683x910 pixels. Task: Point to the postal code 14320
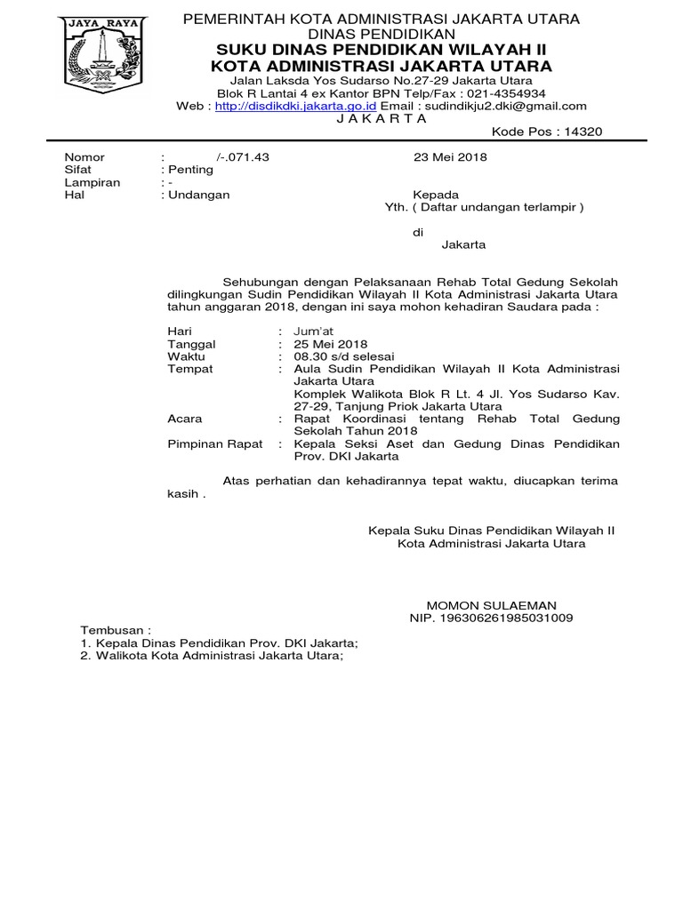pyautogui.click(x=581, y=132)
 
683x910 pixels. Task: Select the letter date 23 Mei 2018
pyautogui.click(x=450, y=157)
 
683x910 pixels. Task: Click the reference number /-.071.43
pyautogui.click(x=242, y=157)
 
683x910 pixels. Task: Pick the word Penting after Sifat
pyautogui.click(x=189, y=170)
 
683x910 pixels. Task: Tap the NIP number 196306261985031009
pyautogui.click(x=491, y=617)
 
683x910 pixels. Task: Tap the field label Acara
pyautogui.click(x=185, y=419)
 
